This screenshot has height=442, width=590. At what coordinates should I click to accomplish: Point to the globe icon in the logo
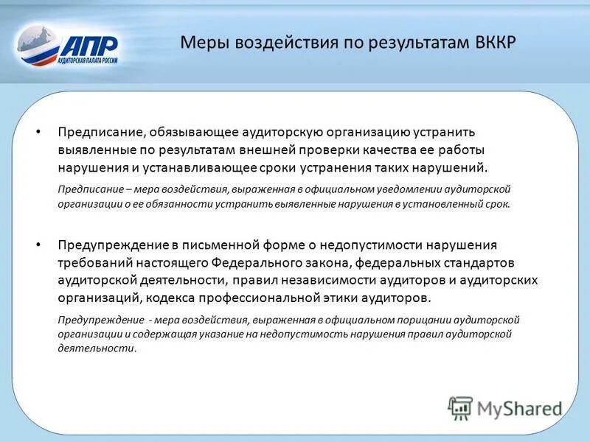coord(38,46)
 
